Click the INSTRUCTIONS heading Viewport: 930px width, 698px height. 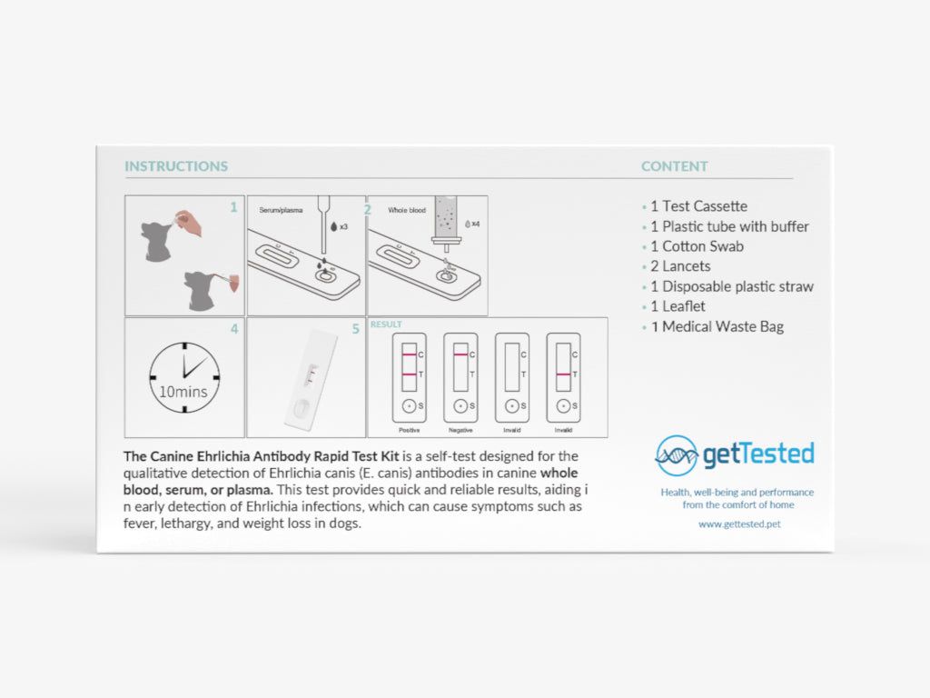coord(176,166)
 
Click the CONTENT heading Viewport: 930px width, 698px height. coord(674,166)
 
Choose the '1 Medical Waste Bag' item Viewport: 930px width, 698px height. coord(717,326)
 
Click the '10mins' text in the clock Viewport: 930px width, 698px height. coord(183,393)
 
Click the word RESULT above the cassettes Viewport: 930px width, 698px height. coord(386,324)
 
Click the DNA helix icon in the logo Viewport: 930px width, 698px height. coord(676,455)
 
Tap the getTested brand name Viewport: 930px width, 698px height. coord(758,454)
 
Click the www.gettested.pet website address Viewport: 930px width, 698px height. coord(738,523)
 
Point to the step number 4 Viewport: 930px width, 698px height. coord(234,329)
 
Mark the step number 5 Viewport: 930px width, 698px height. coord(356,329)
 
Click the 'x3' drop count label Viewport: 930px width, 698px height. coord(343,226)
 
